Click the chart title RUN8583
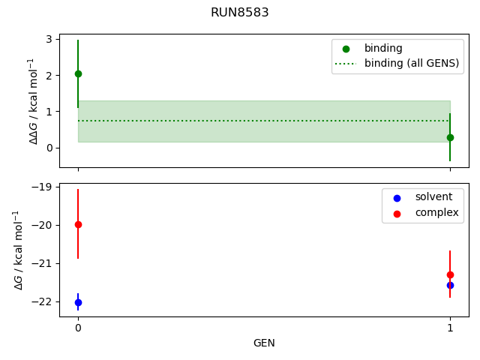[x=240, y=13]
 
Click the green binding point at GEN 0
[x=78, y=73]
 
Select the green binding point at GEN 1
[x=450, y=137]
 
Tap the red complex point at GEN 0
[x=78, y=224]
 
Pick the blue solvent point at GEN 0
[x=78, y=302]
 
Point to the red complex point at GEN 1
[x=450, y=274]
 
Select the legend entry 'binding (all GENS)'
[x=411, y=63]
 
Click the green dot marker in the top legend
[x=346, y=48]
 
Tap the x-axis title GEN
[x=264, y=343]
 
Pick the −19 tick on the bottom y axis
[x=43, y=187]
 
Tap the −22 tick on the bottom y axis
[x=43, y=301]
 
